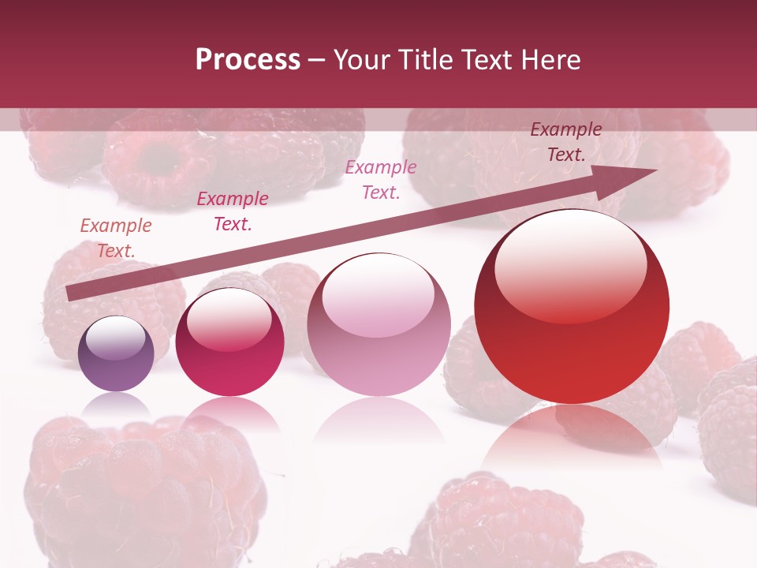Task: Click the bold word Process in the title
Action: (x=248, y=60)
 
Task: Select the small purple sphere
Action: (x=116, y=354)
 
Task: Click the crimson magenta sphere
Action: (x=229, y=342)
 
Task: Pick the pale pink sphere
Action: (x=378, y=325)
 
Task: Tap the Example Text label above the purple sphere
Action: (x=116, y=238)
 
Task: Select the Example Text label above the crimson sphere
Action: (x=233, y=211)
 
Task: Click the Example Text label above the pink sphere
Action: (x=381, y=180)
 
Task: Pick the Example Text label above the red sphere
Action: (x=566, y=142)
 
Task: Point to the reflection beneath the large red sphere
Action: (x=572, y=438)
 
